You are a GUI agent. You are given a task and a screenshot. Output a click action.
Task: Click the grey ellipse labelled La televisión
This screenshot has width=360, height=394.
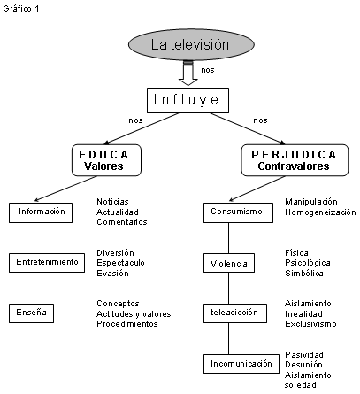coord(191,44)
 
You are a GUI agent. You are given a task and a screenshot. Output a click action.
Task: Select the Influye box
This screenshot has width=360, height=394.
coord(188,100)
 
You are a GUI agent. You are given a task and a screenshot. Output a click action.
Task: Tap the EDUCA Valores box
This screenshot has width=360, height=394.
coord(106,160)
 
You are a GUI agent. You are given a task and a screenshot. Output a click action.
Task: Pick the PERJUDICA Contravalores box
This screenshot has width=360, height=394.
coord(295,160)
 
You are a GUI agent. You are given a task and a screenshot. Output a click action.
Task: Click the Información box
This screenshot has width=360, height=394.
coord(41,212)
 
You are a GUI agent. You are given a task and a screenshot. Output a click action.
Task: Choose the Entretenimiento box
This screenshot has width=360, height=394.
coord(47,263)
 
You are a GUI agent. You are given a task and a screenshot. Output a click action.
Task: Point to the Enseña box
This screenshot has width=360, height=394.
coord(31,313)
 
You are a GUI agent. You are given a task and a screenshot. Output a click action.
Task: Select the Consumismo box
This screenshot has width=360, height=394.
coord(238,212)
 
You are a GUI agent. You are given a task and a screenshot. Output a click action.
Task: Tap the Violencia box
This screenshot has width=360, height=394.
coord(229,263)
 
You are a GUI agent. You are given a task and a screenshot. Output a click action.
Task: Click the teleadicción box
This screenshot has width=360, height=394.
coord(235,313)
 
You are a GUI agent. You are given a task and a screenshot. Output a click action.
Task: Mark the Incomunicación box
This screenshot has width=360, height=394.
coord(241,364)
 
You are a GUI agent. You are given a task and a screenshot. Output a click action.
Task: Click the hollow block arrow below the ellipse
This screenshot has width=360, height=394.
coord(188,73)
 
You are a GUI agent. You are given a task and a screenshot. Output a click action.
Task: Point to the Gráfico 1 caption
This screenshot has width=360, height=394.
coord(21,9)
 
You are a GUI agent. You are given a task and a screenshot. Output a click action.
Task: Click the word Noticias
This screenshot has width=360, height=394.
coord(112,202)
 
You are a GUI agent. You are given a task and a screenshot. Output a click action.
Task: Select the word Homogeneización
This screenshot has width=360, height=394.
coord(320,212)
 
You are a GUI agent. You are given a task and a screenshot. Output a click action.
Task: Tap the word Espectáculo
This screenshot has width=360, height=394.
coord(120,263)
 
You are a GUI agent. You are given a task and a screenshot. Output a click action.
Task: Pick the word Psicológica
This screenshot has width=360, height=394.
coord(308,263)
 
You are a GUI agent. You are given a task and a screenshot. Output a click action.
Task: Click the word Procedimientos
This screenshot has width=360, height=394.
coord(127,324)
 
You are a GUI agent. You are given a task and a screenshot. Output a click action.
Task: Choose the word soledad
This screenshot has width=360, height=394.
coord(301,385)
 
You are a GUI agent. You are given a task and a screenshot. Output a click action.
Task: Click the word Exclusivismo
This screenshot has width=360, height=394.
coord(310,324)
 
